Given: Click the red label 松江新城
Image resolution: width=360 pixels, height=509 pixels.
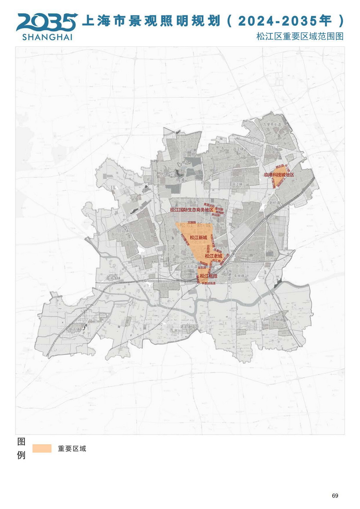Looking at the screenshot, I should click(198, 238).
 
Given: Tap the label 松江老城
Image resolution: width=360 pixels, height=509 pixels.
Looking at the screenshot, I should click(213, 256).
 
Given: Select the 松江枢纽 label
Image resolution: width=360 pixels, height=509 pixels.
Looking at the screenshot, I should click(208, 276).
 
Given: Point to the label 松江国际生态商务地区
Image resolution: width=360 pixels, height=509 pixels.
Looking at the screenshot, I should click(192, 210).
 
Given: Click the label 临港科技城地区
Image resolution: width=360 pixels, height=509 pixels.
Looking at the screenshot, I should click(279, 175).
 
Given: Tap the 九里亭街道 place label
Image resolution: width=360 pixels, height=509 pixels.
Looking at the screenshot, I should click(272, 125).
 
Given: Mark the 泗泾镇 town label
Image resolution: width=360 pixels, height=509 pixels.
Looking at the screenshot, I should click(238, 149).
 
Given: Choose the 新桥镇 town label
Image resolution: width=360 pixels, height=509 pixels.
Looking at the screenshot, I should click(274, 203).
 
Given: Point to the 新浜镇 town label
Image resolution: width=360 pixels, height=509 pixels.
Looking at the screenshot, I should click(74, 329).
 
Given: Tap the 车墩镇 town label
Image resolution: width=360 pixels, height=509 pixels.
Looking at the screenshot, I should click(239, 276).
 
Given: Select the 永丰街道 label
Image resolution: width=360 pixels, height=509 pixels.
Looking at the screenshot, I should click(190, 267).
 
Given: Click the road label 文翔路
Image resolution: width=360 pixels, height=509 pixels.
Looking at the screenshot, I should click(192, 222).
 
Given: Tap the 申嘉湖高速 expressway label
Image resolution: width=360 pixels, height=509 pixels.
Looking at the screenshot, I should click(208, 283).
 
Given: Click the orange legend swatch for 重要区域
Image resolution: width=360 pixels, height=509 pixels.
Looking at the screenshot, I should click(42, 449).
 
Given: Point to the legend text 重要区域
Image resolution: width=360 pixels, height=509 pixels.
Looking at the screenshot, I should click(72, 449).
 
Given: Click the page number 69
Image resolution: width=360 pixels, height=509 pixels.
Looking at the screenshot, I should click(335, 496).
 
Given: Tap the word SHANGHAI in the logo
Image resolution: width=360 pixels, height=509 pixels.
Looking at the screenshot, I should click(47, 37).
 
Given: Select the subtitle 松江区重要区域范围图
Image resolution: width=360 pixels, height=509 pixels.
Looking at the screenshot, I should click(300, 36).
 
